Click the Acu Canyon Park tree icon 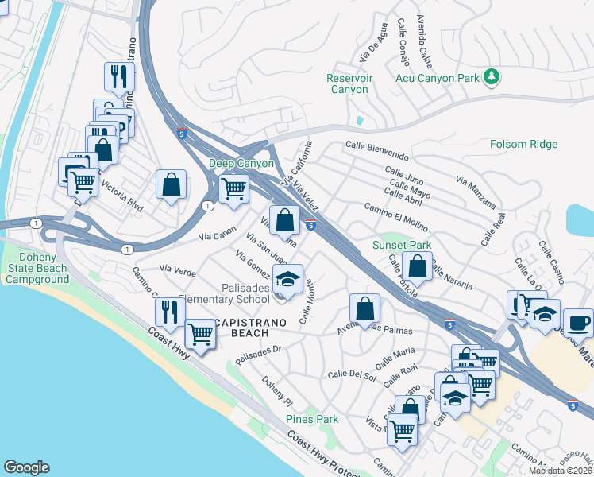point(492,76)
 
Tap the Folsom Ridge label point(523,144)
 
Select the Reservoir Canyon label point(349,83)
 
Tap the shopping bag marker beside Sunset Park point(418,266)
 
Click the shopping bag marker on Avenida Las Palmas point(364,308)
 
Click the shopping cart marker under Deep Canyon point(233,189)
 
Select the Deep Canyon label point(241,163)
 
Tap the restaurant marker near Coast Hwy point(169,312)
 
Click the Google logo point(26,467)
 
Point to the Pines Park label point(312,419)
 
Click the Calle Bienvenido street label point(376,150)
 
